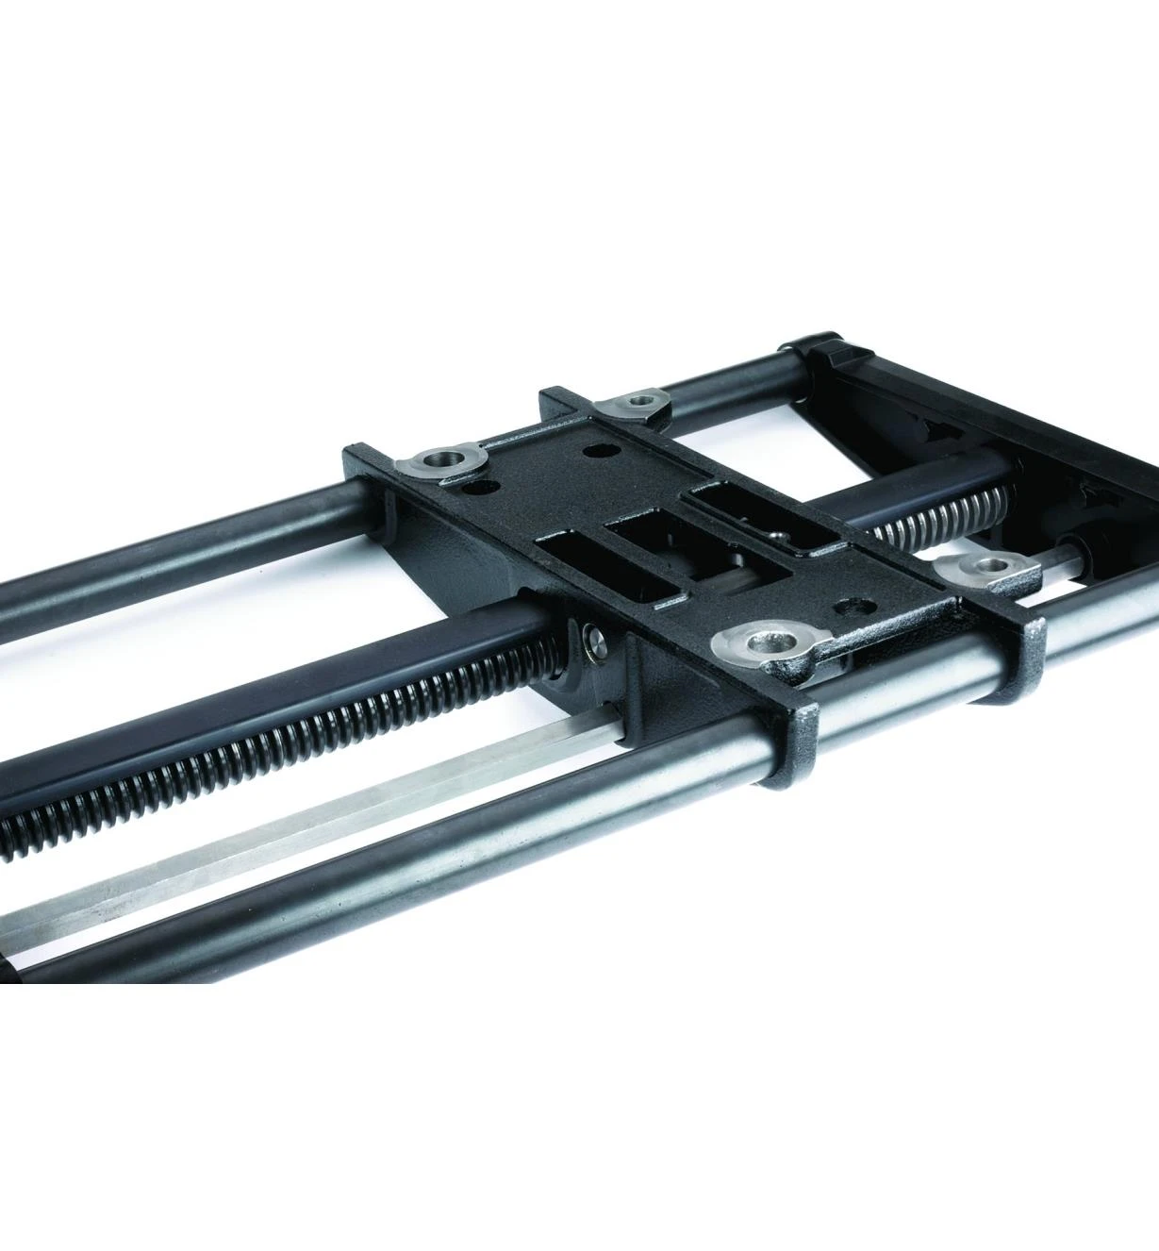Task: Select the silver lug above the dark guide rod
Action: (x=442, y=461)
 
